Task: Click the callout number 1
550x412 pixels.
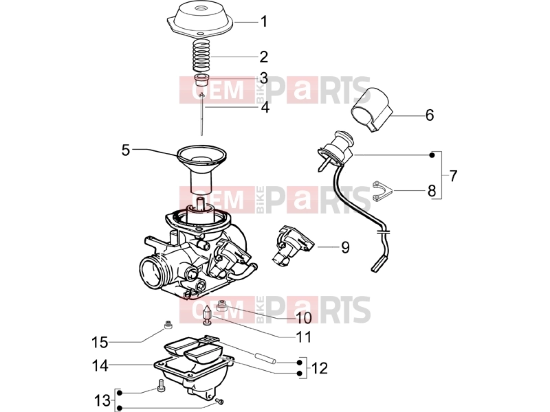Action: pyautogui.click(x=264, y=22)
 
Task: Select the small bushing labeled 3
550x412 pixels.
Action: pyautogui.click(x=201, y=80)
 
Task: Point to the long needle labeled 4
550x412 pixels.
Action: pyautogui.click(x=201, y=113)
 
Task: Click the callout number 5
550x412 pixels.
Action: pyautogui.click(x=126, y=150)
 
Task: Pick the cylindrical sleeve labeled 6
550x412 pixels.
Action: pyautogui.click(x=372, y=109)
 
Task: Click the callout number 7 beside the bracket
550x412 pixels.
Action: pyautogui.click(x=453, y=176)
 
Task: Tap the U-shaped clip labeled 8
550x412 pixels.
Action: pyautogui.click(x=382, y=191)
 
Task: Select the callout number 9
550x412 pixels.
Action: pyautogui.click(x=346, y=247)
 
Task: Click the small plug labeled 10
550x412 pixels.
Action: pyautogui.click(x=221, y=306)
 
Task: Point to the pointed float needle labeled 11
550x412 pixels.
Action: pyautogui.click(x=208, y=314)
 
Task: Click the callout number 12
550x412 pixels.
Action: pyautogui.click(x=319, y=368)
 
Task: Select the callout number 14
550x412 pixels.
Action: pyautogui.click(x=100, y=365)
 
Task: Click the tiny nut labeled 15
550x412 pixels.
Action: pyautogui.click(x=168, y=325)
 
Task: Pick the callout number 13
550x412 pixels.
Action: pyautogui.click(x=102, y=400)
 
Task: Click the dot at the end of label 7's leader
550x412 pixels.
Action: pyautogui.click(x=432, y=155)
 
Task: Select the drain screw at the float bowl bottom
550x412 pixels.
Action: pyautogui.click(x=220, y=401)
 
